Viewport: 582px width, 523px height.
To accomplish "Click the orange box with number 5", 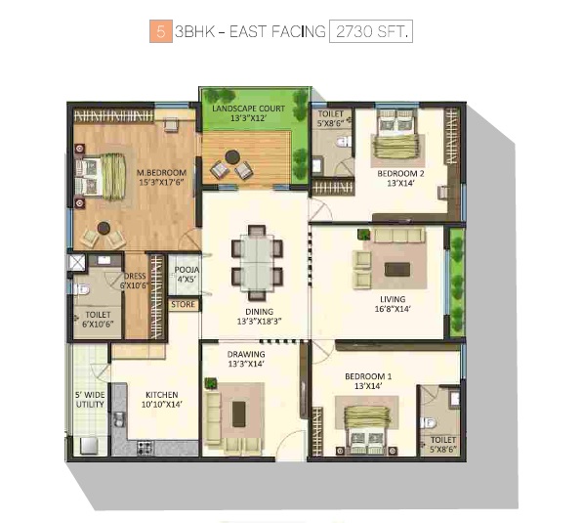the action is point(161,31).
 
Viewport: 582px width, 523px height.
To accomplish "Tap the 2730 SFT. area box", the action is point(371,31).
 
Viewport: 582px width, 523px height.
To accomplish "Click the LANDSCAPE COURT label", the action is point(248,109).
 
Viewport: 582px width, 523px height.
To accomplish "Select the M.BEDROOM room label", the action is point(161,173).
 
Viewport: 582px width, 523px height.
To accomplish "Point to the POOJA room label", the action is point(187,270).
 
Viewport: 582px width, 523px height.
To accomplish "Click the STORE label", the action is point(183,305).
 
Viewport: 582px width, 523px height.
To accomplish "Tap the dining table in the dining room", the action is point(257,263).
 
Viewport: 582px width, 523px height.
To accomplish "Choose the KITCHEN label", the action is point(162,395).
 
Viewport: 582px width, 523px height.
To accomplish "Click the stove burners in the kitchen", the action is point(145,448).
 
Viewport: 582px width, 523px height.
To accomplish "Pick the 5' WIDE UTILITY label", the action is point(90,400).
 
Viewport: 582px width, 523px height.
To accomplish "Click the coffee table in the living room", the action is point(397,269).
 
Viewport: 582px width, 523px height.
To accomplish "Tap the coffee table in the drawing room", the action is point(238,414).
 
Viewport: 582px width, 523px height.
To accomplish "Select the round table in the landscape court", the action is point(232,157).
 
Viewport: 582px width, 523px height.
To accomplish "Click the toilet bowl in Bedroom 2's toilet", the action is point(344,142).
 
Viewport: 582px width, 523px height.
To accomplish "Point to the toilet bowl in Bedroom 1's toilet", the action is point(428,422).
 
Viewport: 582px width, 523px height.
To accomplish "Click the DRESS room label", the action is point(135,276).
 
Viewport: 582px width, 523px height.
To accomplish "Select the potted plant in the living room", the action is point(363,234).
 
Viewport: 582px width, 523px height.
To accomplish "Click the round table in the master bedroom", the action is point(104,228).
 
